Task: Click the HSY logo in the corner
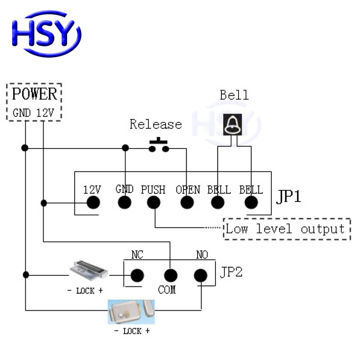coord(46,34)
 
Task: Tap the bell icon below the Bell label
coord(233,124)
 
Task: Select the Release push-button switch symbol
coord(159,145)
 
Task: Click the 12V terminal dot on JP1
coord(93,203)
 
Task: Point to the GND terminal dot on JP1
coord(125,203)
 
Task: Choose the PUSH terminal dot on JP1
coord(153,203)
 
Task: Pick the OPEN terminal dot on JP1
coord(187,203)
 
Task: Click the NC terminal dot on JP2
coord(137,275)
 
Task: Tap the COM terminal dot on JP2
coord(170,275)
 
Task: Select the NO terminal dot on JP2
coord(201,275)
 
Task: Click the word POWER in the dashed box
coord(35,94)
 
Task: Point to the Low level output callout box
coord(287,229)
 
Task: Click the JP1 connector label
coord(288,197)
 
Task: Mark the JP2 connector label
coord(231,272)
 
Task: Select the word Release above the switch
coord(156,124)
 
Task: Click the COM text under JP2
coord(166,290)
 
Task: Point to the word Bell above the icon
coord(234,95)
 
